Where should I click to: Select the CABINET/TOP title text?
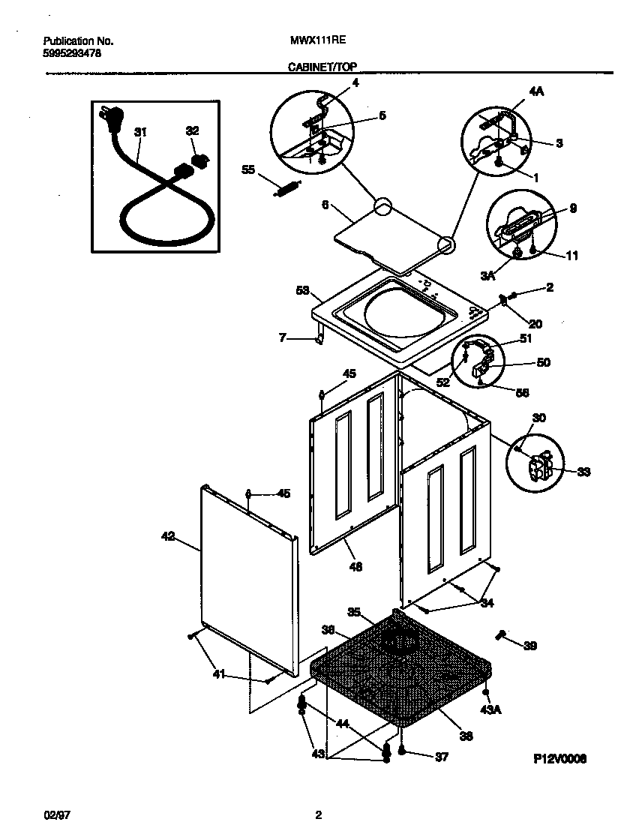pos(322,67)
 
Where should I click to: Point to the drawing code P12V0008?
pos(559,759)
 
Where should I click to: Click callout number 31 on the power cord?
pos(140,132)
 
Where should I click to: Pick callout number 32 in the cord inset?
pos(192,130)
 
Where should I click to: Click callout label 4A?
pos(536,91)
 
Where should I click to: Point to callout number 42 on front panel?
pos(168,536)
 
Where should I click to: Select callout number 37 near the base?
pos(441,757)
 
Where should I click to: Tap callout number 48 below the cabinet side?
pos(355,567)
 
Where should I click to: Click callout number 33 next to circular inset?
pos(583,472)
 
